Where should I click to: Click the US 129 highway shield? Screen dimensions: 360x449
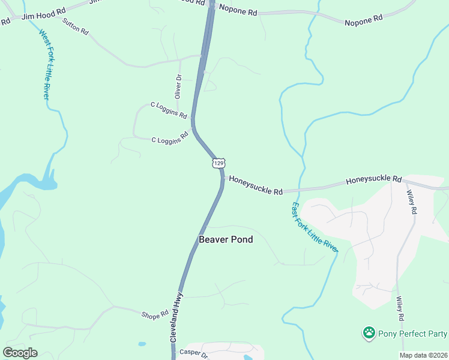(x=219, y=163)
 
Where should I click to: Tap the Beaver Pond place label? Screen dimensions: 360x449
(x=226, y=239)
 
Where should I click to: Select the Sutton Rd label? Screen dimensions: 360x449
(x=76, y=26)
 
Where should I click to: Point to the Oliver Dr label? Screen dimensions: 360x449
(x=178, y=86)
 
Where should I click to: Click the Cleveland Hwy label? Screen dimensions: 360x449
(x=175, y=323)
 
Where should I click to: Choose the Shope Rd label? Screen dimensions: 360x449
(x=155, y=315)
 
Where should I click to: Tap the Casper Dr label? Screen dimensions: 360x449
(x=193, y=354)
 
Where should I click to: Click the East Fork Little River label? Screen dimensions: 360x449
(x=314, y=226)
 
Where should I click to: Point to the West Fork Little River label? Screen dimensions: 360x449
(x=45, y=64)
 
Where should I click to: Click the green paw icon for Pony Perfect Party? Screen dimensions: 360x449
(x=369, y=332)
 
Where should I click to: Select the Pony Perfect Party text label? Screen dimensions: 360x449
(x=413, y=333)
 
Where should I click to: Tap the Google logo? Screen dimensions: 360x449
(x=20, y=353)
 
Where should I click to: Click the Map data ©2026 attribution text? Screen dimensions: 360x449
(x=423, y=355)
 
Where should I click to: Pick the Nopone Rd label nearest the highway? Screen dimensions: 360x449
(x=238, y=10)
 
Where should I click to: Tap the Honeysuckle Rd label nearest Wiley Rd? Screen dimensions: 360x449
(x=373, y=179)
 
